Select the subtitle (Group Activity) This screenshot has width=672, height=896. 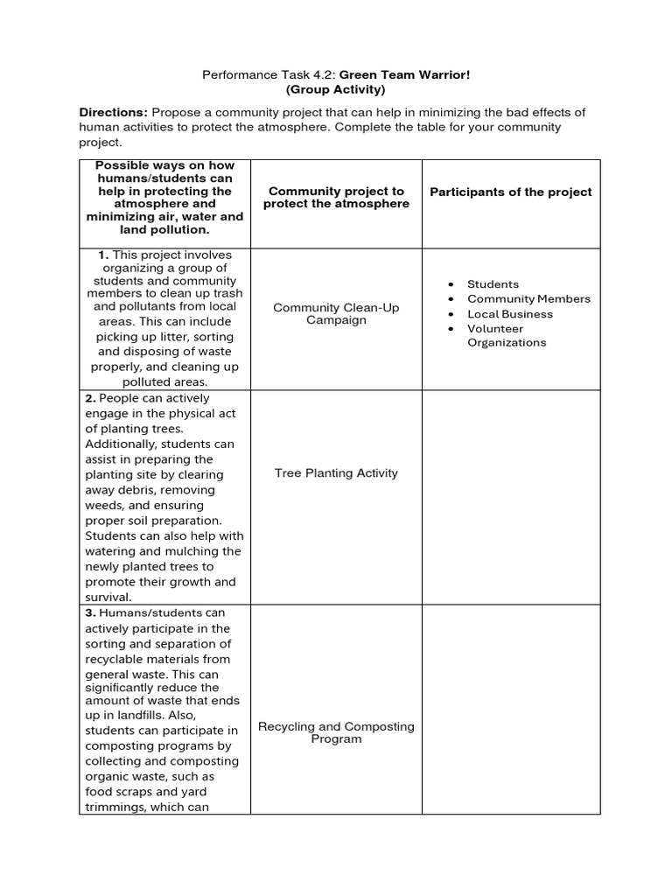coord(336,89)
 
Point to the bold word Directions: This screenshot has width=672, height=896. coord(114,113)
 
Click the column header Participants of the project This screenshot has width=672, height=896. coord(511,192)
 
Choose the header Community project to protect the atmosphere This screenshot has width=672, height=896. coord(336,198)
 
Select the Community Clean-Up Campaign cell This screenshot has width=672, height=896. coord(336,314)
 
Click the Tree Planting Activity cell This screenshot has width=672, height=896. coord(336,473)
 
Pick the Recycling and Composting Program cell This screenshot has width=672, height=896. coord(336,733)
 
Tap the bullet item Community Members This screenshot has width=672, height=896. coord(528,299)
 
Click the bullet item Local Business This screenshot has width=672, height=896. coord(510,314)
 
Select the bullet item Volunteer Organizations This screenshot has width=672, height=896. coord(507,336)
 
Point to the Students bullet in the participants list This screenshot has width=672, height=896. coord(493,284)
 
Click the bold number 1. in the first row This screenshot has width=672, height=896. coord(104,255)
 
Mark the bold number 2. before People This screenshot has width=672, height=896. coord(90,398)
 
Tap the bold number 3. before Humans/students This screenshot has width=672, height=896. coord(90,613)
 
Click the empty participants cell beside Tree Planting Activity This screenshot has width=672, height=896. coord(511,497)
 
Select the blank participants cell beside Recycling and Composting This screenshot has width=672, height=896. coord(511,709)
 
